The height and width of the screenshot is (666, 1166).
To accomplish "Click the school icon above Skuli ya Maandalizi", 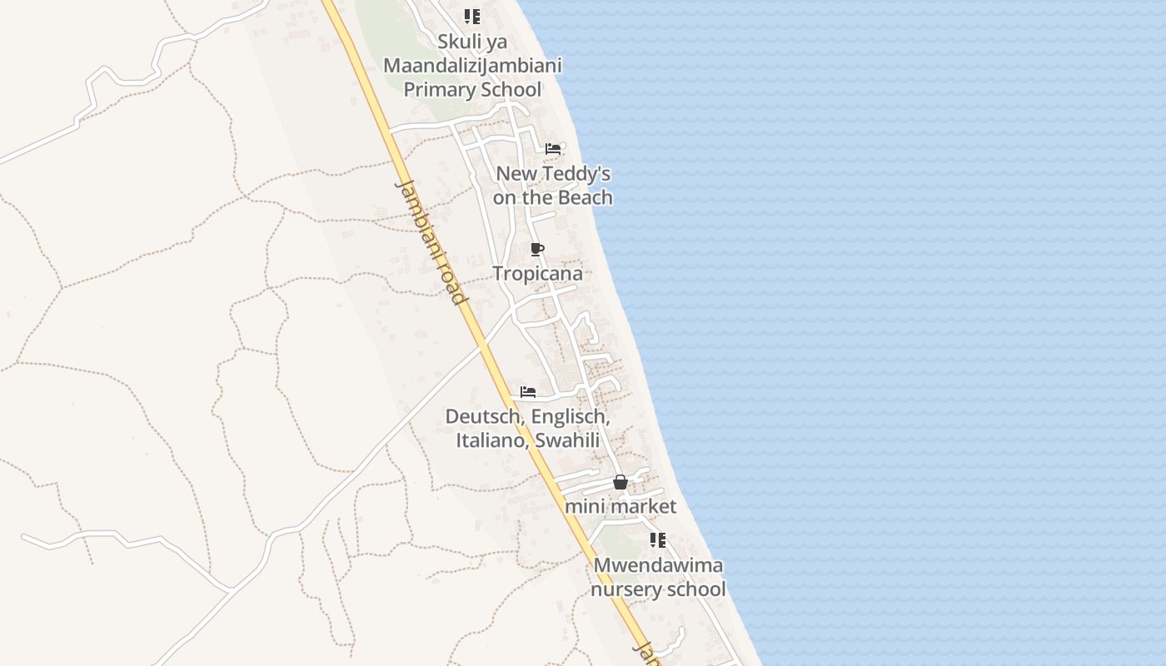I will click(x=472, y=17).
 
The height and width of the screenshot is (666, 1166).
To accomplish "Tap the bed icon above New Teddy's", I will click(x=553, y=149).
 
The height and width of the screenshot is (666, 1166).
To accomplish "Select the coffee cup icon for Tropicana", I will click(x=537, y=249).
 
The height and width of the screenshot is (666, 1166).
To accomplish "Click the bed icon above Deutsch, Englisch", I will click(x=528, y=391).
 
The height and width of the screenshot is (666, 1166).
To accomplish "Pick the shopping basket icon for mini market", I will click(x=620, y=482).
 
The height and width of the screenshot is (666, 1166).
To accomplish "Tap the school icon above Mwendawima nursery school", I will click(x=658, y=540).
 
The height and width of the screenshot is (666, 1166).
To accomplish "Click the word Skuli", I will click(x=461, y=42).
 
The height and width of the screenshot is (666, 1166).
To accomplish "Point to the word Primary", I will click(x=442, y=90).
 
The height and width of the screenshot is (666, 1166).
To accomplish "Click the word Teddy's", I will click(x=579, y=174).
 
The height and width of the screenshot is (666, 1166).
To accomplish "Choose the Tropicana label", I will click(x=537, y=273).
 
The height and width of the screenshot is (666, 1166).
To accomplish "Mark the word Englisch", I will click(x=569, y=416).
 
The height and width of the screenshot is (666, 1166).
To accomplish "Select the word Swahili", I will click(x=567, y=440).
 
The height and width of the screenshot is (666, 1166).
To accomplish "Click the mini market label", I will click(x=620, y=506).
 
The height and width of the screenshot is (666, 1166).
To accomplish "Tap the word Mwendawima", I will click(x=658, y=565).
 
